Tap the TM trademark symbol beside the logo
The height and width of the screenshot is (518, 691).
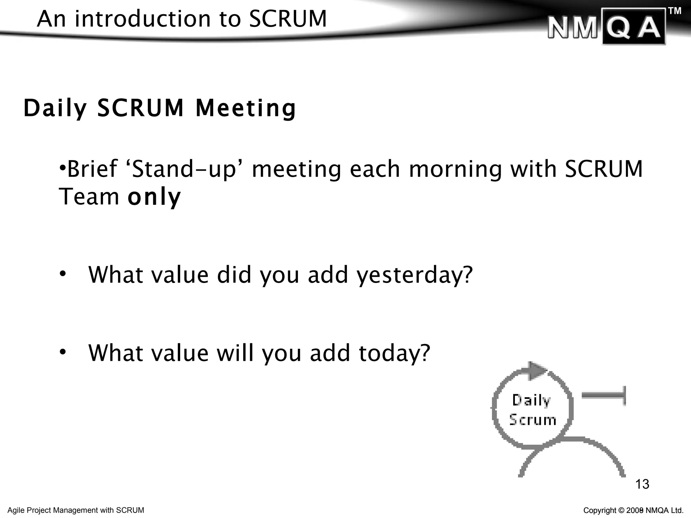(x=674, y=11)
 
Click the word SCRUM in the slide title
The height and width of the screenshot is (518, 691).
(x=288, y=19)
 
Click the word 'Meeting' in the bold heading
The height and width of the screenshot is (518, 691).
(x=246, y=109)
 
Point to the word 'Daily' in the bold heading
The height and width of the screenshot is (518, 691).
(x=55, y=109)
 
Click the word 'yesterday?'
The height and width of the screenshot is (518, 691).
(x=415, y=275)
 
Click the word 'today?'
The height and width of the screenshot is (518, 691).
(x=394, y=353)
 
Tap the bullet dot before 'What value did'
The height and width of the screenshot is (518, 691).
(x=62, y=274)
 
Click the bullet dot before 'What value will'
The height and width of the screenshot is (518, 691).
(x=62, y=352)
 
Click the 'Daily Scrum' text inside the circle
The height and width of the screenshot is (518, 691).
(x=532, y=410)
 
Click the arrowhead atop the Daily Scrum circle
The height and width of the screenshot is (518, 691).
(x=537, y=370)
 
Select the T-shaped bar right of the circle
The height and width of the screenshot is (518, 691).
(x=604, y=396)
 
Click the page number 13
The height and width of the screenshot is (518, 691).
(x=642, y=484)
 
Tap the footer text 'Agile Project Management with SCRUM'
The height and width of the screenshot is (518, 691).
(x=76, y=510)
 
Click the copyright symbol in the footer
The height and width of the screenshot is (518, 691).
(x=621, y=511)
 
